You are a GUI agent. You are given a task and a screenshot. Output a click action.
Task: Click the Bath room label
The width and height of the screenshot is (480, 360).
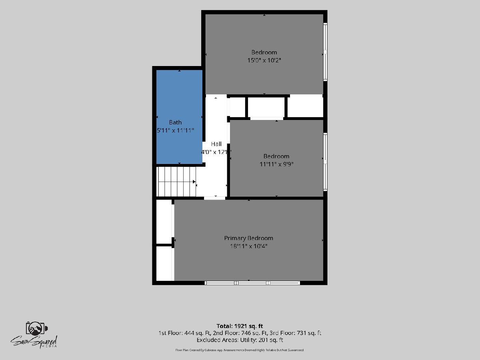click(x=175, y=122)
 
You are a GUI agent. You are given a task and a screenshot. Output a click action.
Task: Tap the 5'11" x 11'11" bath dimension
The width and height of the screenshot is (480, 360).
click(x=175, y=130)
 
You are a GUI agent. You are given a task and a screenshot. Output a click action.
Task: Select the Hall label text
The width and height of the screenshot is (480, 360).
click(x=216, y=144)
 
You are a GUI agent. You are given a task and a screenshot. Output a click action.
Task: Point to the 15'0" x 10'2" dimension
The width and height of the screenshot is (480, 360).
click(x=264, y=60)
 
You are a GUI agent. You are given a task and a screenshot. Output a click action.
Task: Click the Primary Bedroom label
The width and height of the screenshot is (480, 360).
click(x=249, y=238)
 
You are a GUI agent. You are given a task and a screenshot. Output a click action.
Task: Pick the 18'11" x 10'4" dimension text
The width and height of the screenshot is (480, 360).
click(x=249, y=246)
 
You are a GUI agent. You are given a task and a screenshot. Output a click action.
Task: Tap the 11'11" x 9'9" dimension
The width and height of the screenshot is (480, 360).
click(x=276, y=164)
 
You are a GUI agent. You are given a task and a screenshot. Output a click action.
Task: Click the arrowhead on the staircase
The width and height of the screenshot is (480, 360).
click(x=194, y=182)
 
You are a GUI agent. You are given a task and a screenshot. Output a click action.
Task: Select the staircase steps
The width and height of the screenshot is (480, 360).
click(x=176, y=182)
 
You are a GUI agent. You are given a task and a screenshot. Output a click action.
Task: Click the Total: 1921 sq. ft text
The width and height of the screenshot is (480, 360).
click(x=240, y=326)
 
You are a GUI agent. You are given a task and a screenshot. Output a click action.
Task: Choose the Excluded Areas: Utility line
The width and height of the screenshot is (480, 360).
click(x=240, y=340)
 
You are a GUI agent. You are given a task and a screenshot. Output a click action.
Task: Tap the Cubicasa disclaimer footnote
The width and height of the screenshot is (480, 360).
click(x=240, y=350)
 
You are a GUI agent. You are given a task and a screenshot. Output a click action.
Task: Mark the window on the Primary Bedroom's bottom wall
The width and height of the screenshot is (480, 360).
click(x=252, y=283)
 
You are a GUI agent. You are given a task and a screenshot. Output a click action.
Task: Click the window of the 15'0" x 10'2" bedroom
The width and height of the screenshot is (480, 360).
click(x=325, y=52)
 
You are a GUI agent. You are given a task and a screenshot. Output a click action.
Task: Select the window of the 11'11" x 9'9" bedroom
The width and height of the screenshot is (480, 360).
click(x=325, y=162)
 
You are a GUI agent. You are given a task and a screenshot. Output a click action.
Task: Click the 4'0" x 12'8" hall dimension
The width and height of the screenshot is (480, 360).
click(x=216, y=152)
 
